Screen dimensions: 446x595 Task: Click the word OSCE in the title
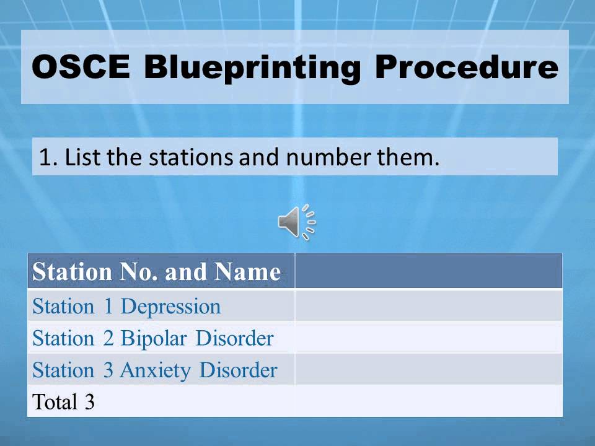point(81,68)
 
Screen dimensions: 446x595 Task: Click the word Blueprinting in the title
point(252,68)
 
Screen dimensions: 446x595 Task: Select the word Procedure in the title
point(466,68)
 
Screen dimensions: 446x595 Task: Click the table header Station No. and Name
point(157,272)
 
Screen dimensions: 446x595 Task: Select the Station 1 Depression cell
point(126,306)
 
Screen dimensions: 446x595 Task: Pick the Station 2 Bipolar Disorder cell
point(152,338)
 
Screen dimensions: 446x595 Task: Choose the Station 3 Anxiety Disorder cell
point(154,370)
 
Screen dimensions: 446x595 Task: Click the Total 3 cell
point(63,402)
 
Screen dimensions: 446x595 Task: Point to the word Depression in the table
point(170,306)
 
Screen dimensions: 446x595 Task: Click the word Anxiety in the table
point(155,370)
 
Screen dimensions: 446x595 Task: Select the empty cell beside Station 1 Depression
point(428,306)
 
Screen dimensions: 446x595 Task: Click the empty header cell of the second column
point(428,272)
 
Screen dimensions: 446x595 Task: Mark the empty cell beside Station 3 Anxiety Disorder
point(428,370)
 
